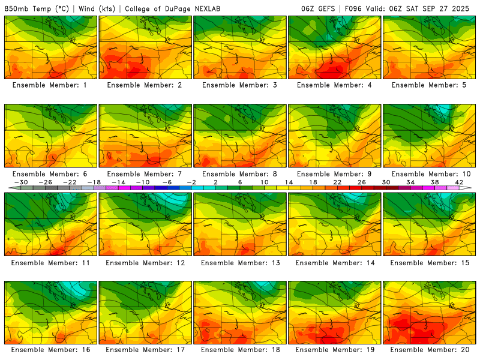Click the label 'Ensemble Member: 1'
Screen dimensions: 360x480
click(x=51, y=85)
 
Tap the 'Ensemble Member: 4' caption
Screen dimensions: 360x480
click(x=335, y=85)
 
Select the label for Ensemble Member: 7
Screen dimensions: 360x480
click(x=146, y=173)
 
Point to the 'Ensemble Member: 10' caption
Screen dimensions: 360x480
click(x=430, y=173)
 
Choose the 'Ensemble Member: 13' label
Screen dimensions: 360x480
click(x=241, y=262)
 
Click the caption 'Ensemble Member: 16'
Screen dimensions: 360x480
click(x=51, y=349)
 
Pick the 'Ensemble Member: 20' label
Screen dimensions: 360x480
click(x=430, y=349)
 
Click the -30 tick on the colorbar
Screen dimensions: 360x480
click(x=21, y=182)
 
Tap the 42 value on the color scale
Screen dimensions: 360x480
click(x=459, y=182)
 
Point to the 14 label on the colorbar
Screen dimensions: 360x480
click(x=289, y=182)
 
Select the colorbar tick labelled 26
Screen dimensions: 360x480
click(x=362, y=182)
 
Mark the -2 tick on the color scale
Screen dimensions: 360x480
click(x=191, y=182)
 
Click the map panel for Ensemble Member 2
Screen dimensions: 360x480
click(x=146, y=47)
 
